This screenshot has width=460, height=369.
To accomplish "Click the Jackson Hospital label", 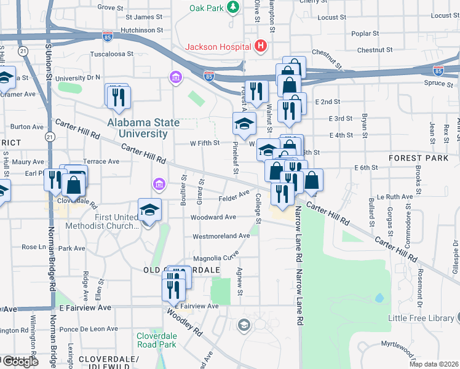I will coord(218,47).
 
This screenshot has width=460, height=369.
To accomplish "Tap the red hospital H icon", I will coord(261,46).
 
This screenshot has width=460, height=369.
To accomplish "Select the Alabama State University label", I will coord(143,127).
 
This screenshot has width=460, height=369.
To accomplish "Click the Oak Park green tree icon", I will coord(233,7).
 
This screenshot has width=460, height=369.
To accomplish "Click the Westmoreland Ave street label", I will coord(221,236).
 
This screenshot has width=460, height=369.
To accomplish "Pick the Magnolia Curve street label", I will coord(215,258).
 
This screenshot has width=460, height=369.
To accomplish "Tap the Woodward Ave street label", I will coord(213,217).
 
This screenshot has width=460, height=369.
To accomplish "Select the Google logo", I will coord(20,362).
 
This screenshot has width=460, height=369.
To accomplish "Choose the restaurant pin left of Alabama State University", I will coord(117,97).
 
